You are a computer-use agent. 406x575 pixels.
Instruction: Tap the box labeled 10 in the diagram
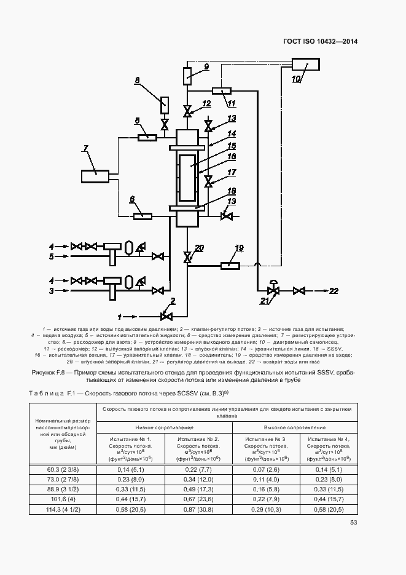305,65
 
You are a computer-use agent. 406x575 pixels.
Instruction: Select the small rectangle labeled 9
188,77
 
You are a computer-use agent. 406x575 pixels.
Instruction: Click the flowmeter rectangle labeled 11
221,90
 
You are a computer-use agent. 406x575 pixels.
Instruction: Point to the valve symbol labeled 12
188,111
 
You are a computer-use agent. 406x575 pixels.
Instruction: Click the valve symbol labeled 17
208,181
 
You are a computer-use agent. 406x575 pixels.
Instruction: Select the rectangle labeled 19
230,265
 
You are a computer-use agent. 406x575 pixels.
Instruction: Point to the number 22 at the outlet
334,291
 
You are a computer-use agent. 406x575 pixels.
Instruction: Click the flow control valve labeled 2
165,317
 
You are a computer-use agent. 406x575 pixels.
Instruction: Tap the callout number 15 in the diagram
232,146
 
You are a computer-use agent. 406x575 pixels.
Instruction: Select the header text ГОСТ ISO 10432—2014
320,41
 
